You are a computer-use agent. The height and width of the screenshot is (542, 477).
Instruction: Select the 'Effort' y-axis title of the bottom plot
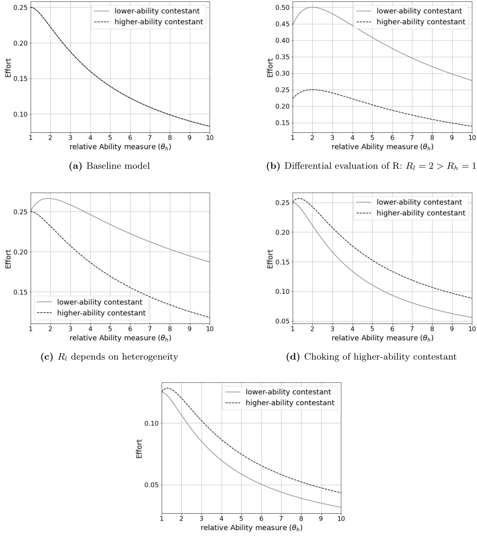pos(139,449)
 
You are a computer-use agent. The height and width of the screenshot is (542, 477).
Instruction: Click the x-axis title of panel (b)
pos(382,147)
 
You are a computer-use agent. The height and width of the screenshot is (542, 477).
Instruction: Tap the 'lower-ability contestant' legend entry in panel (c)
pos(99,302)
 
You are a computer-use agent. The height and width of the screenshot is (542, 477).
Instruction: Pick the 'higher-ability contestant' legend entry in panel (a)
pos(159,22)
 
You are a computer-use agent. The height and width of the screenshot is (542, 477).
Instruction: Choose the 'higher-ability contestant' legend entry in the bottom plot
pos(290,403)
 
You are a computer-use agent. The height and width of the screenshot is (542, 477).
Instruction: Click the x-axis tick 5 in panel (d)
pos(372,329)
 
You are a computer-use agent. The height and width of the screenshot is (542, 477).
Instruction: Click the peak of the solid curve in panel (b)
pos(312,7)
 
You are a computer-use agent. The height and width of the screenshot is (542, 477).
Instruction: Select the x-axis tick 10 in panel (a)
pos(209,138)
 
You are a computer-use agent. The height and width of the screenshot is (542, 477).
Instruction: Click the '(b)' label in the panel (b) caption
pos(273,166)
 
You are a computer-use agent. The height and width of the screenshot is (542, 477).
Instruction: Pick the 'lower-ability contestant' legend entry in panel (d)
pos(419,202)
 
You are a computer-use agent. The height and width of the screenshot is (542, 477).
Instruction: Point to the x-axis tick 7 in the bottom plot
pos(281,519)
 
